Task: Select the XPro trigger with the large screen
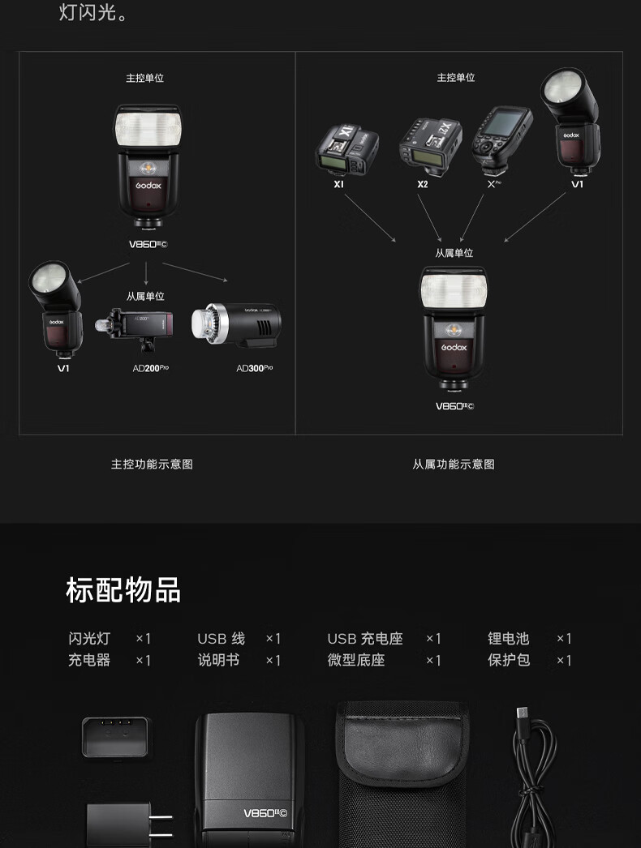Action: click(501, 140)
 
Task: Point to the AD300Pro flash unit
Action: click(237, 328)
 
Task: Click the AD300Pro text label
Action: click(254, 368)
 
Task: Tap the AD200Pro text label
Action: click(151, 368)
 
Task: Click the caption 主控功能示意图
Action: click(152, 465)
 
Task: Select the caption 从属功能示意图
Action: click(454, 465)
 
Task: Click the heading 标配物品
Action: click(123, 590)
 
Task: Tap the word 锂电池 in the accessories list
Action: click(508, 639)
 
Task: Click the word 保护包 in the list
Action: click(508, 660)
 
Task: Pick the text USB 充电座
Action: click(365, 639)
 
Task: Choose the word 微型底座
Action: click(356, 660)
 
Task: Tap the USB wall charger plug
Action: click(119, 823)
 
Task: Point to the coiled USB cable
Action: click(536, 778)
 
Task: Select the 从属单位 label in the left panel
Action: click(145, 297)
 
